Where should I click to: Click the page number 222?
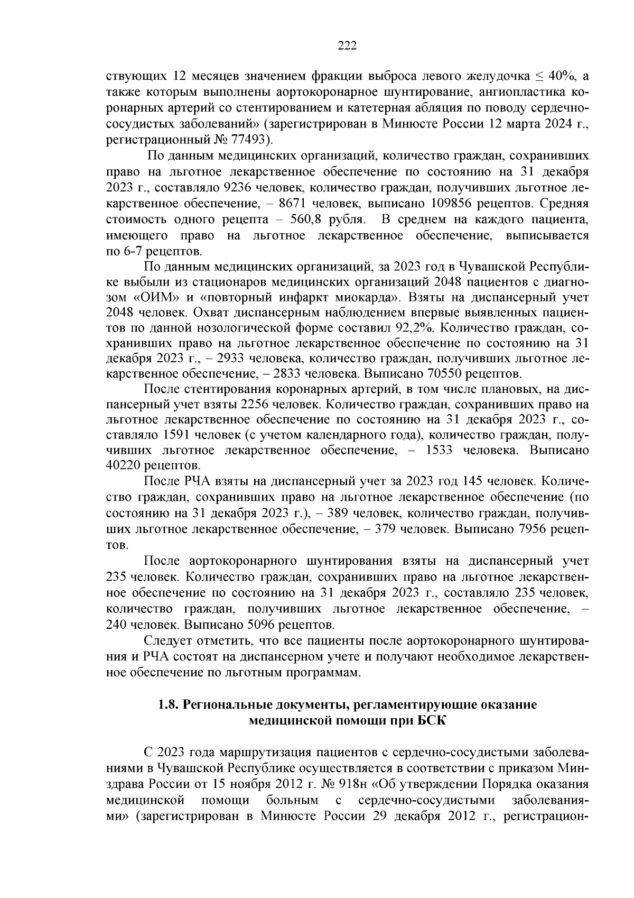(x=347, y=46)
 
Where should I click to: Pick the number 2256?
(x=258, y=405)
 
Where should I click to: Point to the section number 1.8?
(x=168, y=705)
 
